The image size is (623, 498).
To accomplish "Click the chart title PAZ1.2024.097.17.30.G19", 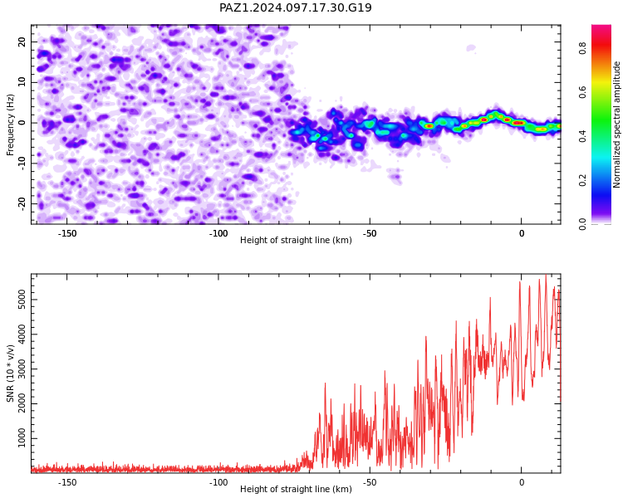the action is tap(296, 7).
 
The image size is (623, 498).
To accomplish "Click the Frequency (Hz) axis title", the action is tap(10, 124).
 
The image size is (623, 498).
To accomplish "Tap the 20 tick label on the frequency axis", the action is tap(22, 41).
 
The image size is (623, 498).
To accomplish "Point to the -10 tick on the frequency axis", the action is tap(22, 163).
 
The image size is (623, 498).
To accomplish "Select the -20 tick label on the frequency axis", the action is tap(22, 203).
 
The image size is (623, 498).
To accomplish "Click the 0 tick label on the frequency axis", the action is tap(22, 123).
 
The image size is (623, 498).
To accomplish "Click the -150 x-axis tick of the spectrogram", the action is tap(67, 233).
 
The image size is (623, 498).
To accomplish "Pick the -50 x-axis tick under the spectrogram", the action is tap(370, 233).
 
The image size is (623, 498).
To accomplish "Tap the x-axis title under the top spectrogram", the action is tap(296, 240).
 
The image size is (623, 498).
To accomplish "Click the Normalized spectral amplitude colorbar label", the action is tap(616, 124).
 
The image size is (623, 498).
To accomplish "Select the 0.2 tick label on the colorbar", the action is tap(583, 180).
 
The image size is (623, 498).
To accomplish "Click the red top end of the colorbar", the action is tap(601, 26).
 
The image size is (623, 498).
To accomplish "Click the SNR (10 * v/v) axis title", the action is tap(10, 373).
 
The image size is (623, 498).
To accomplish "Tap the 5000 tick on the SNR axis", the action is tap(22, 300).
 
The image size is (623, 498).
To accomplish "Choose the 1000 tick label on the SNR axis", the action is tap(22, 438).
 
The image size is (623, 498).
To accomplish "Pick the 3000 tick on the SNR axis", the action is tap(22, 369).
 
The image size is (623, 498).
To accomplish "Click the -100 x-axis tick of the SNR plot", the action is tap(218, 482).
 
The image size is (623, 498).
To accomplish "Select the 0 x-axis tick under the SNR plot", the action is tap(522, 482).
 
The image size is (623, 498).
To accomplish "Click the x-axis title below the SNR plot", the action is tap(296, 489).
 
